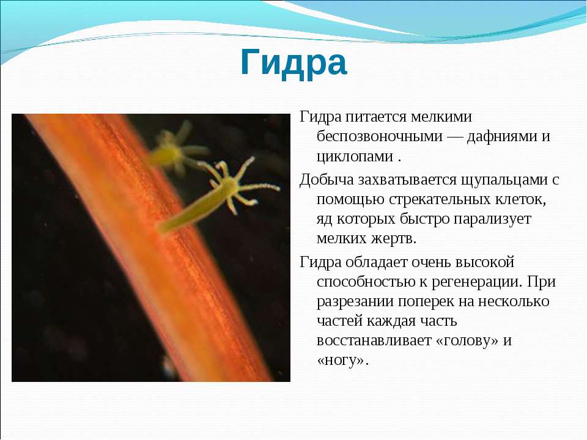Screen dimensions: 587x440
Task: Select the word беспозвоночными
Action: pyautogui.click(x=380, y=136)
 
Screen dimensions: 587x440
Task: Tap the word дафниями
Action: pyautogui.click(x=501, y=137)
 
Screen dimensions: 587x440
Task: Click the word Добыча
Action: pyautogui.click(x=327, y=180)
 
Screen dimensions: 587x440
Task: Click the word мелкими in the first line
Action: pyautogui.click(x=441, y=117)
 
